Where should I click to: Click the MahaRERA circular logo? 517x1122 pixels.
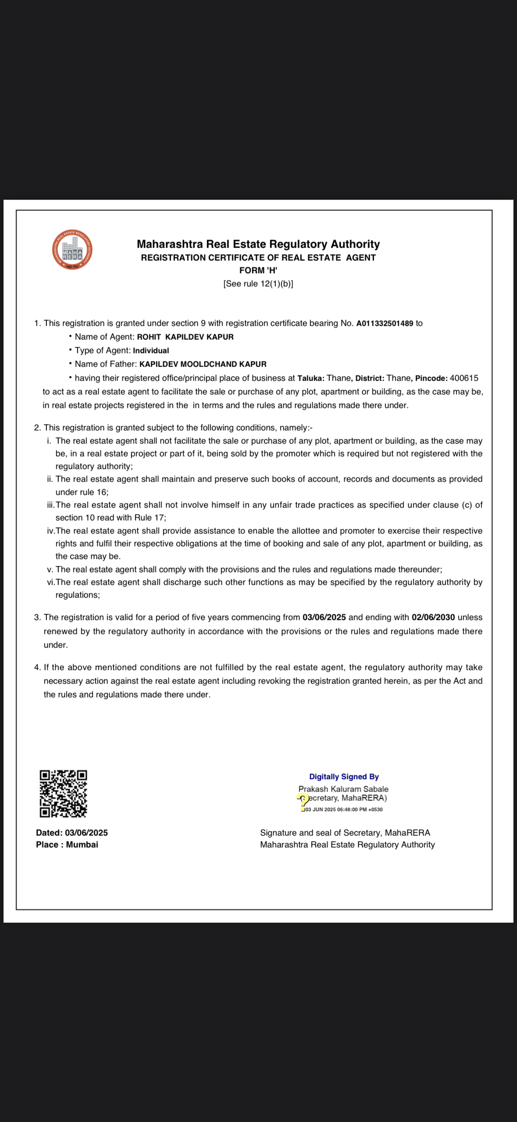[72, 249]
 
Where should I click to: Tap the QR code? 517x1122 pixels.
[63, 793]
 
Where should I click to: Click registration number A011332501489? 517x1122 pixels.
[385, 324]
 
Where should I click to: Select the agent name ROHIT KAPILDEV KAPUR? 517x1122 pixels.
[185, 337]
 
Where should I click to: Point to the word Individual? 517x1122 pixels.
[151, 351]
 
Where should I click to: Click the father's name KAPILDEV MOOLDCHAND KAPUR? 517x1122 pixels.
[203, 364]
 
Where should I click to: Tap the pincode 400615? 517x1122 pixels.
[464, 378]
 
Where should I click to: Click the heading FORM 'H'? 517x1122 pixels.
[258, 270]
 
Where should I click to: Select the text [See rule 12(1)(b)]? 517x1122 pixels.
[258, 284]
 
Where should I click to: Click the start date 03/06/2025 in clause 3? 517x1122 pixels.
[324, 617]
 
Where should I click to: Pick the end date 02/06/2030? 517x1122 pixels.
[433, 617]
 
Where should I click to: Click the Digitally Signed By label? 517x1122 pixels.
[344, 777]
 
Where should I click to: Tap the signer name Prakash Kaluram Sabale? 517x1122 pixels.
[343, 789]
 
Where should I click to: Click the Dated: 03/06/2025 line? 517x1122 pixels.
[72, 833]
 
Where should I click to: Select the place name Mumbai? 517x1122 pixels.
[82, 845]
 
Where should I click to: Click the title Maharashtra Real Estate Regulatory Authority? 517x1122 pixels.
[258, 244]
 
